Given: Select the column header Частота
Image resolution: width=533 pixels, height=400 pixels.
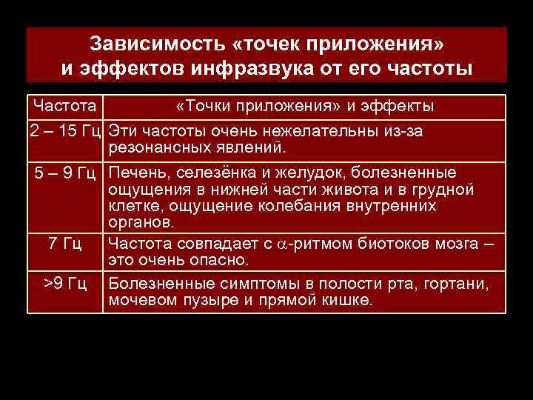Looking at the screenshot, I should [64, 106].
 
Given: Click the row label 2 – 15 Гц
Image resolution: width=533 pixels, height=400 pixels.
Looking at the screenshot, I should [66, 131].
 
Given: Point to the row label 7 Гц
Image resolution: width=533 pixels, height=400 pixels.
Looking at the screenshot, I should [64, 244].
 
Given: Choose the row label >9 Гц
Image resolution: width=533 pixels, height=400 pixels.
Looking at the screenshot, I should [65, 284].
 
